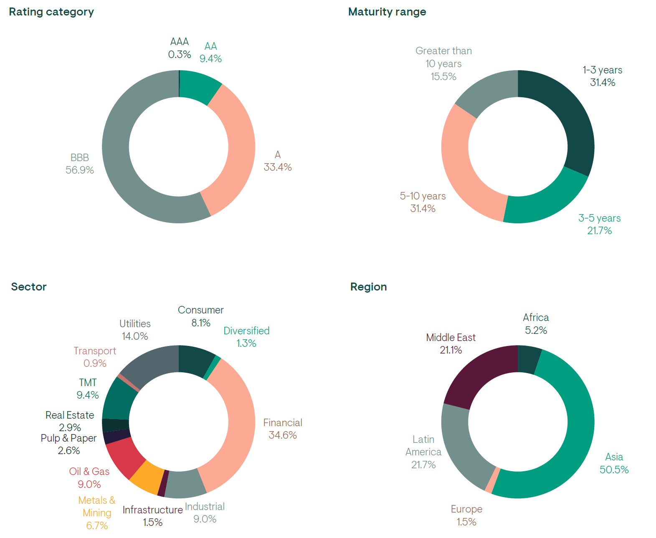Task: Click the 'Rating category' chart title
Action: point(51,12)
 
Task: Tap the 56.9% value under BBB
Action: point(79,170)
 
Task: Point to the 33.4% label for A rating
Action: point(277,167)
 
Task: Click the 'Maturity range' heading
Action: point(387,12)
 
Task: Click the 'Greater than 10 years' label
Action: point(443,63)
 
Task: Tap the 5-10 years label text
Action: point(423,196)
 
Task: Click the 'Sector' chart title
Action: point(29,287)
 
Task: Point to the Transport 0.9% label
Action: point(95,357)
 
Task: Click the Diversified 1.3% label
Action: point(246,337)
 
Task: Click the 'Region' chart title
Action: point(368,287)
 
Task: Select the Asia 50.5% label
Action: point(614,463)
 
